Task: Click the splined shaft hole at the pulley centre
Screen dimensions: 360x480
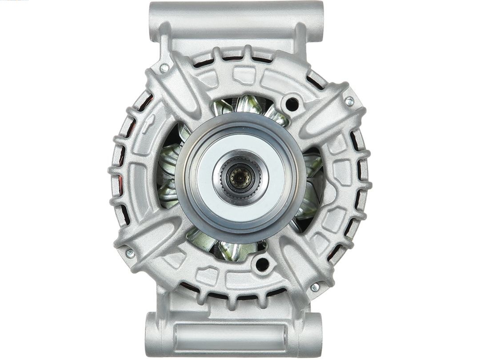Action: (x=240, y=178)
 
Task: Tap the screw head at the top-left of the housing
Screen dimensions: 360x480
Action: (x=164, y=68)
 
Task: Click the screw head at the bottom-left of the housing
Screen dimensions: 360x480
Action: (x=130, y=253)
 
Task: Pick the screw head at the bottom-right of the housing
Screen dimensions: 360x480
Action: (x=315, y=287)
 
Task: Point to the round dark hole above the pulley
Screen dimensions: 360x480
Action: (x=292, y=104)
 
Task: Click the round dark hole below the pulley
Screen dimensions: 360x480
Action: (x=262, y=264)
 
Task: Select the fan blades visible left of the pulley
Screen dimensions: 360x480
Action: (x=169, y=173)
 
